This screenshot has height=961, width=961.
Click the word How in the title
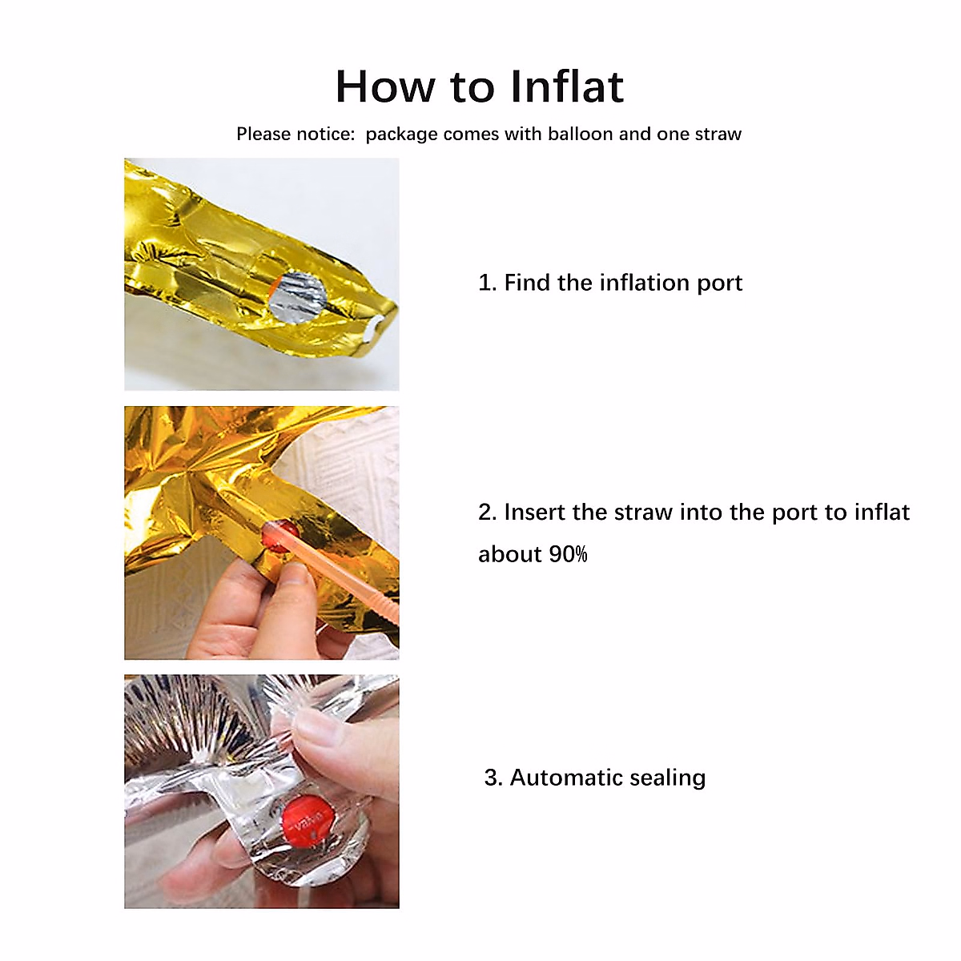tap(385, 86)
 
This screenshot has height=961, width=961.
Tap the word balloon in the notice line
tap(580, 134)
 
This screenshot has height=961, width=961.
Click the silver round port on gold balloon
tap(298, 297)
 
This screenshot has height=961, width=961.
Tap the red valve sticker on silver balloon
tap(308, 822)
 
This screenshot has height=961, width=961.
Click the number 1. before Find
tap(487, 283)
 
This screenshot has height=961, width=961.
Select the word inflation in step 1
tap(643, 283)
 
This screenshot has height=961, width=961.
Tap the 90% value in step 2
tap(568, 554)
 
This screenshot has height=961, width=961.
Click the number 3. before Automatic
tap(493, 778)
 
